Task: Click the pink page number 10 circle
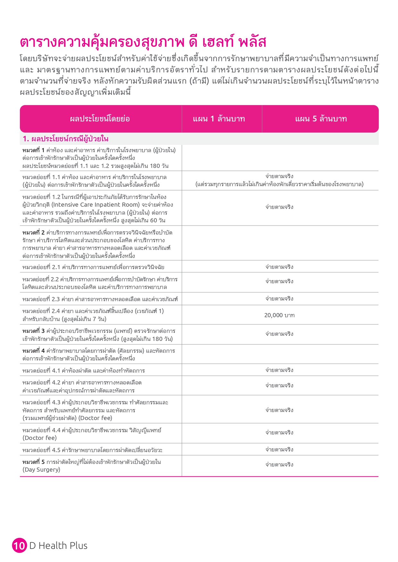coord(19,545)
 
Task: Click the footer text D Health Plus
coord(58,545)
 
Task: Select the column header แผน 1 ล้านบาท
coord(219,119)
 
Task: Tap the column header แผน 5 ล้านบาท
coord(321,119)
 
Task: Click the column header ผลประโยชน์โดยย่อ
coord(100,119)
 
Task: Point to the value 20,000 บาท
coord(279,315)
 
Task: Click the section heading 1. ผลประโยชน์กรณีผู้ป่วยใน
coord(66,139)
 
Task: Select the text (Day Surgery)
coord(41,470)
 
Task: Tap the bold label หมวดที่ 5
coord(33,462)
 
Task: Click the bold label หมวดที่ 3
coord(33,331)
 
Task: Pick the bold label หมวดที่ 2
coord(33,233)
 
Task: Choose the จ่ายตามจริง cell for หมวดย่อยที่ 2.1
coord(279,267)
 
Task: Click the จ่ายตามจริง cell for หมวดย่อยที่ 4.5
coord(279,450)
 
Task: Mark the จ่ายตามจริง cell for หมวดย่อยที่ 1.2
coord(279,207)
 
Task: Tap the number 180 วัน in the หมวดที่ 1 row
coord(159,166)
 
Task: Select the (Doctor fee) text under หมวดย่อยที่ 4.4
coord(39,438)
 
